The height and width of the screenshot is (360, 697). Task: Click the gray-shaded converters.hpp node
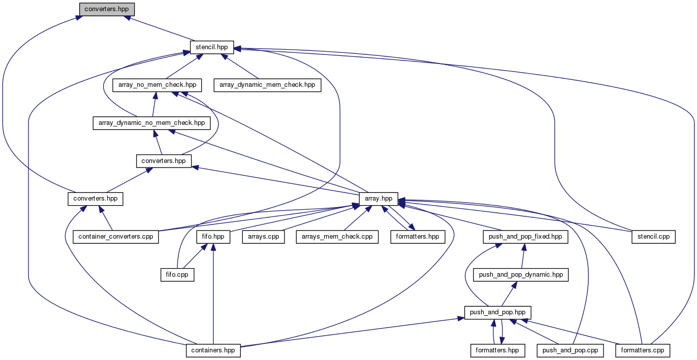click(x=107, y=9)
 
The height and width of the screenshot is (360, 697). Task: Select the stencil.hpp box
click(x=212, y=47)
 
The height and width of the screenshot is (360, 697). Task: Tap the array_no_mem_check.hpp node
click(x=157, y=85)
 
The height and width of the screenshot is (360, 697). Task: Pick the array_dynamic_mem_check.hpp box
click(x=268, y=85)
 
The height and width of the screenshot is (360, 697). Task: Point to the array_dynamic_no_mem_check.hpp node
click(x=151, y=123)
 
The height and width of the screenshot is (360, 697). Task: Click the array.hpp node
click(x=378, y=199)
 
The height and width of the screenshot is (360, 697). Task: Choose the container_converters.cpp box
click(x=116, y=237)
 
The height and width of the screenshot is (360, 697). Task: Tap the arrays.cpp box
click(x=264, y=237)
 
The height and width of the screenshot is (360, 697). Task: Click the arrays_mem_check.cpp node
click(x=337, y=237)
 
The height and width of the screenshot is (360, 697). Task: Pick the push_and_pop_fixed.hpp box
click(x=525, y=237)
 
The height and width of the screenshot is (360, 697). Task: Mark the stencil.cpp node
click(x=654, y=237)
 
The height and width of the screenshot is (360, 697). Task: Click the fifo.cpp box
click(x=177, y=275)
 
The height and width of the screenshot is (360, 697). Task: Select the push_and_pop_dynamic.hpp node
click(x=521, y=275)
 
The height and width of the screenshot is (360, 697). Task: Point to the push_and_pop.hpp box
click(x=498, y=312)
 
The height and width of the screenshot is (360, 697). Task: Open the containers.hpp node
click(x=213, y=350)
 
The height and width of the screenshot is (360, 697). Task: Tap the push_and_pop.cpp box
click(x=571, y=350)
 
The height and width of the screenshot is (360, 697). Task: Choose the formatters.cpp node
click(x=643, y=350)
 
